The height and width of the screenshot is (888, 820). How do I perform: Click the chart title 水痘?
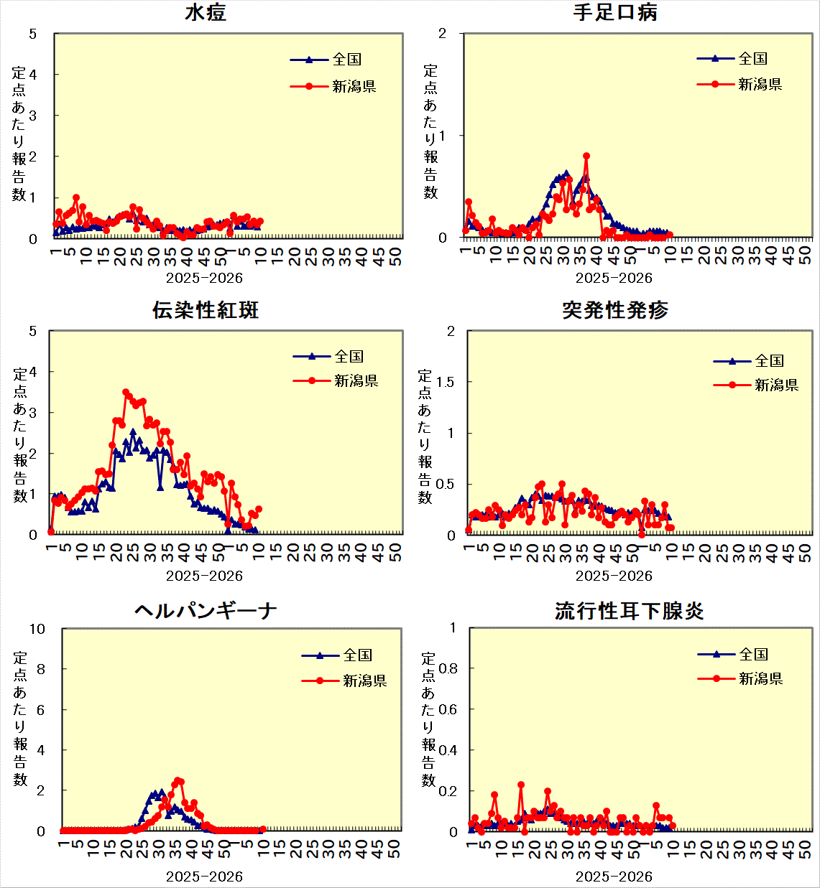[x=206, y=13]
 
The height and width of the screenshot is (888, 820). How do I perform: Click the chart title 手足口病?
[x=615, y=13]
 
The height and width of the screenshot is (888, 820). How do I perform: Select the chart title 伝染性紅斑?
[x=206, y=310]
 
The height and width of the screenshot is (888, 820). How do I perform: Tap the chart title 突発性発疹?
[x=615, y=310]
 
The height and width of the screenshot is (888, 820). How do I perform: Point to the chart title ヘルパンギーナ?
[x=206, y=611]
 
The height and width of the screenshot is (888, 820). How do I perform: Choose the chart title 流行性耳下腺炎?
[x=629, y=611]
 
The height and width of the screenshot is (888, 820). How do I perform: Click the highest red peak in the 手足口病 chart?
[x=586, y=156]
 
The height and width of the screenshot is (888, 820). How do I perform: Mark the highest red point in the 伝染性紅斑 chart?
[x=126, y=393]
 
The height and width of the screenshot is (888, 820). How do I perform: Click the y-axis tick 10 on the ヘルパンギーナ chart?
[x=37, y=629]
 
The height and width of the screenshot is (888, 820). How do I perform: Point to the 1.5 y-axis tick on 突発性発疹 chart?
[x=446, y=382]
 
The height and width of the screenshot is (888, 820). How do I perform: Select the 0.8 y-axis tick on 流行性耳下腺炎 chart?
[x=448, y=668]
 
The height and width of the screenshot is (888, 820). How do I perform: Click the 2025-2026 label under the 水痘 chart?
[x=204, y=279]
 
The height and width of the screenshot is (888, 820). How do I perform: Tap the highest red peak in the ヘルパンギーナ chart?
[x=178, y=780]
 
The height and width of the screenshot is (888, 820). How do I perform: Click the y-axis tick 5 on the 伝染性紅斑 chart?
[x=33, y=331]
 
